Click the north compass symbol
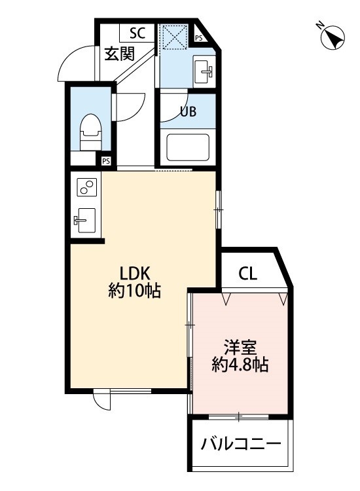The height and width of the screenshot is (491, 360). (333, 37)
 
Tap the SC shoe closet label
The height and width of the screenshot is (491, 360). (137, 33)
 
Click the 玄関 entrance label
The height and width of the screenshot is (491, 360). (119, 53)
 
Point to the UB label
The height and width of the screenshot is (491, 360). (189, 112)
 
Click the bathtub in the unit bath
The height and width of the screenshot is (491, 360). (188, 147)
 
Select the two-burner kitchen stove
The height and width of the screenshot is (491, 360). (86, 187)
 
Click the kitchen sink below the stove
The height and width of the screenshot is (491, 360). (86, 219)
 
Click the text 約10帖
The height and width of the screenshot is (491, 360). (135, 291)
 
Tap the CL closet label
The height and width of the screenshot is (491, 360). (247, 273)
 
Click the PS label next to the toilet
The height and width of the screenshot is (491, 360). (105, 160)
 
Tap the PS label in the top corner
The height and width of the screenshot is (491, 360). (199, 39)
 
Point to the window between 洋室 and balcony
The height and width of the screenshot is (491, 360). (239, 416)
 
